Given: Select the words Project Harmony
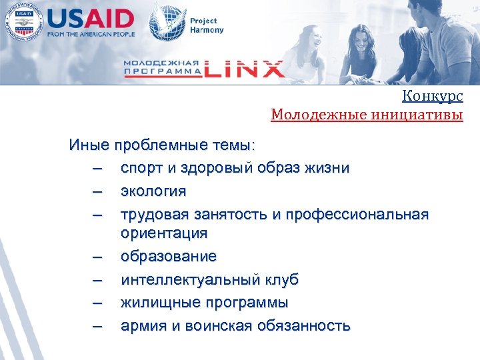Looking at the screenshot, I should point(207,25).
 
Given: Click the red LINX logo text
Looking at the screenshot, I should point(243,69).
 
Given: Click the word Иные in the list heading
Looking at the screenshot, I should point(89,145).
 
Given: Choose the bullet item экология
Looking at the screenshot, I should point(153,191).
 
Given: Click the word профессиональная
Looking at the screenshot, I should point(358,214).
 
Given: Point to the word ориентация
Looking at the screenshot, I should point(164,233).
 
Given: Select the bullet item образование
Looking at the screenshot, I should point(168,257).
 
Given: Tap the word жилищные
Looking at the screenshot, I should point(151,303).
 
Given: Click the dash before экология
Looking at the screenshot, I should point(99,191).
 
